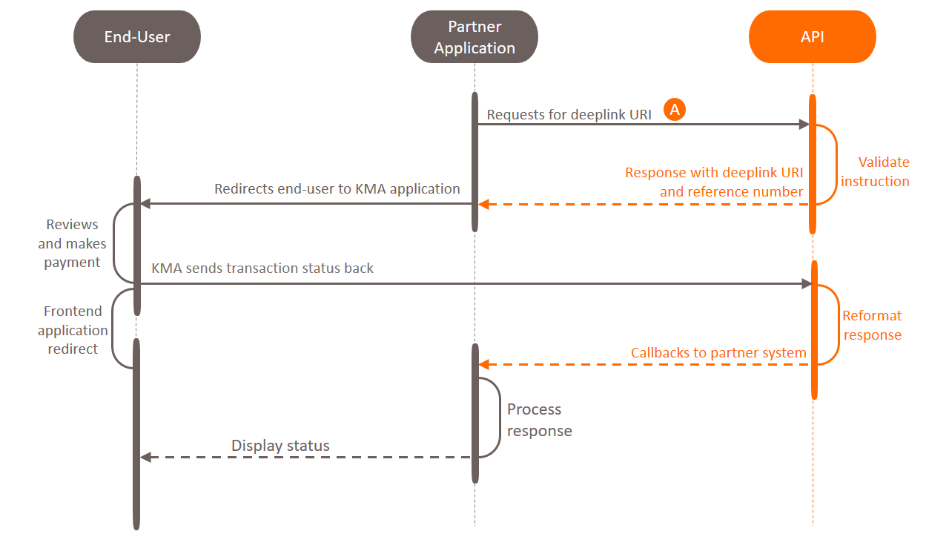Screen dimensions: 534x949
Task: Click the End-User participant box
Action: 137,37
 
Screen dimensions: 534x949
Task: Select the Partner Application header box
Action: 474,37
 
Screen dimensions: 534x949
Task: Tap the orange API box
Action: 813,37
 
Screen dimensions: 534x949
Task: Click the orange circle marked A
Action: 675,110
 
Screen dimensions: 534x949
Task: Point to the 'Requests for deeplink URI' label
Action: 569,115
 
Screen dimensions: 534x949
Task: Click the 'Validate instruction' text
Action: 875,171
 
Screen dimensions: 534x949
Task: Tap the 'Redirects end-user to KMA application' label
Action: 337,188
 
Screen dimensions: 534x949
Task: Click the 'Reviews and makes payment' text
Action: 72,243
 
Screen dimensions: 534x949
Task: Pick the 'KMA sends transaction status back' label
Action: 262,268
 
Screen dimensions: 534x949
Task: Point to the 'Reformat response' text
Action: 872,325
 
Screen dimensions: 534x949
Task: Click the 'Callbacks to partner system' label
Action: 718,352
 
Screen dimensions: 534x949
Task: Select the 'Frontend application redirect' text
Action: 73,330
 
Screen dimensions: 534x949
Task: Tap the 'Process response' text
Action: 539,420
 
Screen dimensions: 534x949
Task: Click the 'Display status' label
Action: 280,446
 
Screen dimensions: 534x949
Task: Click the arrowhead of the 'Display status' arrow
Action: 145,458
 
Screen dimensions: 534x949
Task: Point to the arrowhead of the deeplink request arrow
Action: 804,125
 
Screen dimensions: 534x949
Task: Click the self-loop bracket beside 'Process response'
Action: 497,418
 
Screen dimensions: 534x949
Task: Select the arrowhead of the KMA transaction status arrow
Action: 807,283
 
